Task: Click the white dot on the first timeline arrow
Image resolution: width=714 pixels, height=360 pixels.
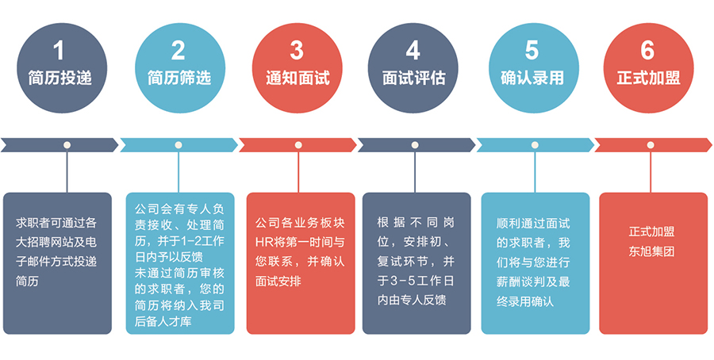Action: [x=67, y=145]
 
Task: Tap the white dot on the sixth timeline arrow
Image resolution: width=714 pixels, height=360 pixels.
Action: [x=651, y=145]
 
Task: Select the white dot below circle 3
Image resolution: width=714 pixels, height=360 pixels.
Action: [x=298, y=145]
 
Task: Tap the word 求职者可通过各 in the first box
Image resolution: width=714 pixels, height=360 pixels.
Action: [x=56, y=223]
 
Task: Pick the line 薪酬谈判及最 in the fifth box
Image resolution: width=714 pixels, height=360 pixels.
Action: [x=532, y=281]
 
